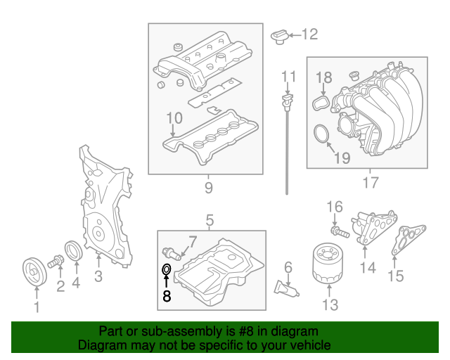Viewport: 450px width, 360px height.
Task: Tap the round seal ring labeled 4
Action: [73, 250]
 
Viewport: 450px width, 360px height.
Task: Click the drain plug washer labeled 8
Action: [167, 269]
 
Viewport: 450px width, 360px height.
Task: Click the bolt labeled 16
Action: [340, 229]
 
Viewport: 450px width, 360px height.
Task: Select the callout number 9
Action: [208, 188]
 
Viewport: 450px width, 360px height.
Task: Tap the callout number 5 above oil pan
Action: [210, 221]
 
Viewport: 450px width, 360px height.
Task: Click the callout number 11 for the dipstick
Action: [289, 76]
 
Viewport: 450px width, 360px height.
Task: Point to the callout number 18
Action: [323, 77]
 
